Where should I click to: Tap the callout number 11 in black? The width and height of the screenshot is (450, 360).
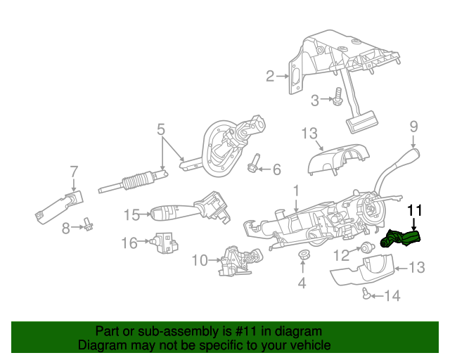[x=416, y=210]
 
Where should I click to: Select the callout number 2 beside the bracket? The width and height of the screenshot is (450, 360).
[x=270, y=76]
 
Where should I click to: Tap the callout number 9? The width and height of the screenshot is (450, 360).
[x=413, y=127]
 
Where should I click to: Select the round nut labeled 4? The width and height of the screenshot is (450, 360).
[x=304, y=256]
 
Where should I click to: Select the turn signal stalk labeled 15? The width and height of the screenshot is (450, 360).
[x=190, y=210]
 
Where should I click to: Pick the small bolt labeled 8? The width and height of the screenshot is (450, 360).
[x=89, y=225]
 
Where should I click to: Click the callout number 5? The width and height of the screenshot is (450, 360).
[x=160, y=129]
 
